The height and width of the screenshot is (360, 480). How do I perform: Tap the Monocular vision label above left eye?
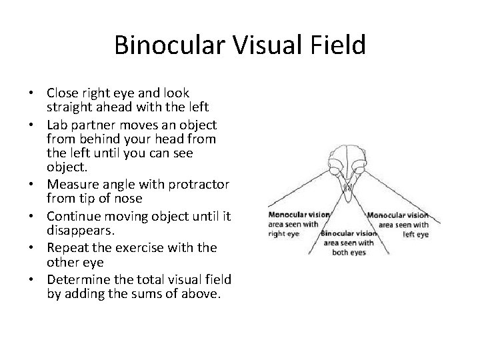click(398, 215)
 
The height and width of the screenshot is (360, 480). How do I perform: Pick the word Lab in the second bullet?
click(58, 125)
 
